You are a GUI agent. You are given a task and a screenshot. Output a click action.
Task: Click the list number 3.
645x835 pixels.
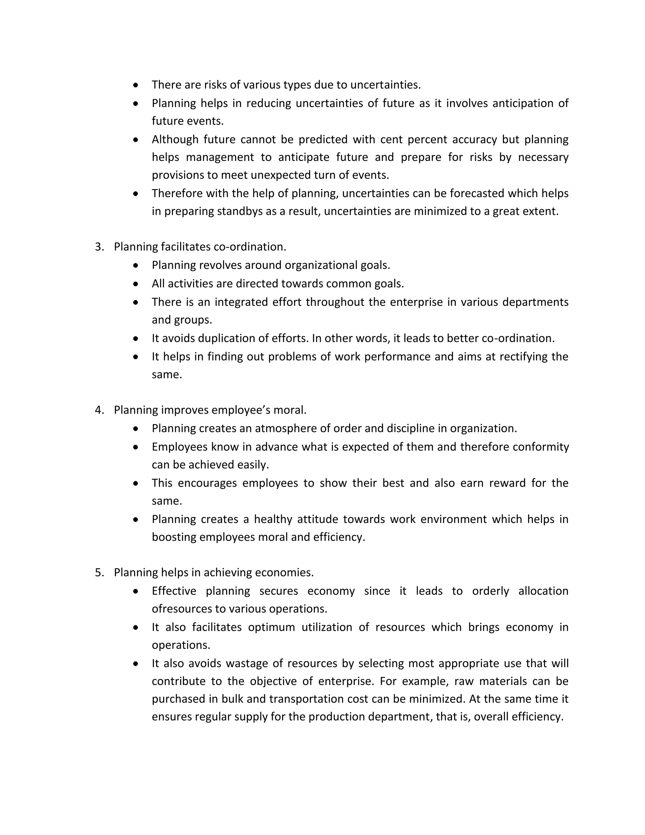[99, 247]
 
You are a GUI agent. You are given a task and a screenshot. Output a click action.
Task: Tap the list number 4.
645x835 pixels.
[99, 410]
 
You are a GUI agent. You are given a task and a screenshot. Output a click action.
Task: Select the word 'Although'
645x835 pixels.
[175, 140]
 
